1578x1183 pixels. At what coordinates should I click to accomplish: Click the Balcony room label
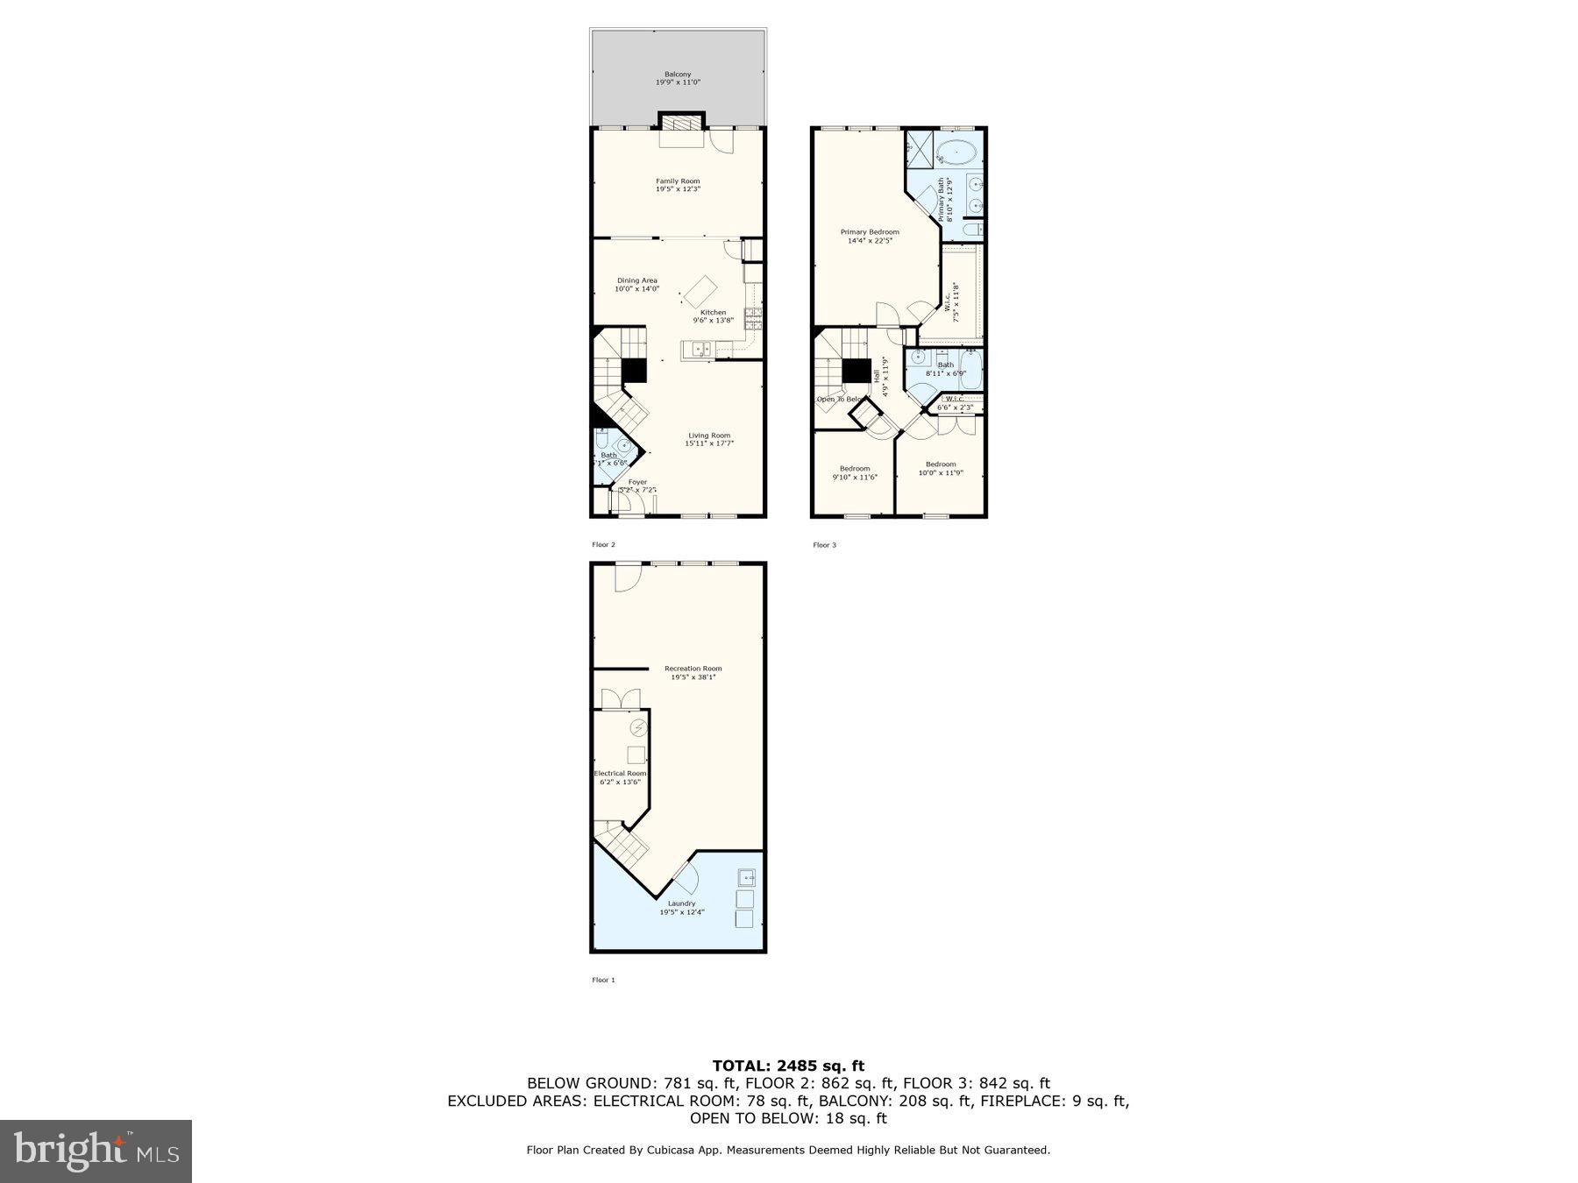click(678, 78)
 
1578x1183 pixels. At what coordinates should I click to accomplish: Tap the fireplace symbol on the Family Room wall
click(681, 122)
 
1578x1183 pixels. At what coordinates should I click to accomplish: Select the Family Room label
click(678, 185)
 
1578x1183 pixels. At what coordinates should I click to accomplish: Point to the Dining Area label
click(636, 285)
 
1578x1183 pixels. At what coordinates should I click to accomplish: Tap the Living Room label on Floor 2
click(708, 439)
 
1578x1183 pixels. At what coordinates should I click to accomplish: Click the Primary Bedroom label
click(869, 237)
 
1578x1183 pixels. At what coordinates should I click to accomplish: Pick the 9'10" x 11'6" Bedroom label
click(854, 472)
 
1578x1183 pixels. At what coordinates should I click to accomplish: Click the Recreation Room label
click(693, 672)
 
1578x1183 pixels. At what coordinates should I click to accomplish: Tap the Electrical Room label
click(620, 777)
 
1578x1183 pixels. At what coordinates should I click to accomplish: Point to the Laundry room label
click(681, 907)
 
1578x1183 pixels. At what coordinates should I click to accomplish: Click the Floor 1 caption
click(603, 980)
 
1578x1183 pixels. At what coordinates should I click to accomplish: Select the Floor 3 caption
click(824, 545)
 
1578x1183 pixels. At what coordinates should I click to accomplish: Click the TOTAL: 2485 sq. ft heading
click(787, 1066)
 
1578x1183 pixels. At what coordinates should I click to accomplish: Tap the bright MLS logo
click(96, 1151)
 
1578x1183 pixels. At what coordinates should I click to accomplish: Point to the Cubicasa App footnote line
click(787, 1150)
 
